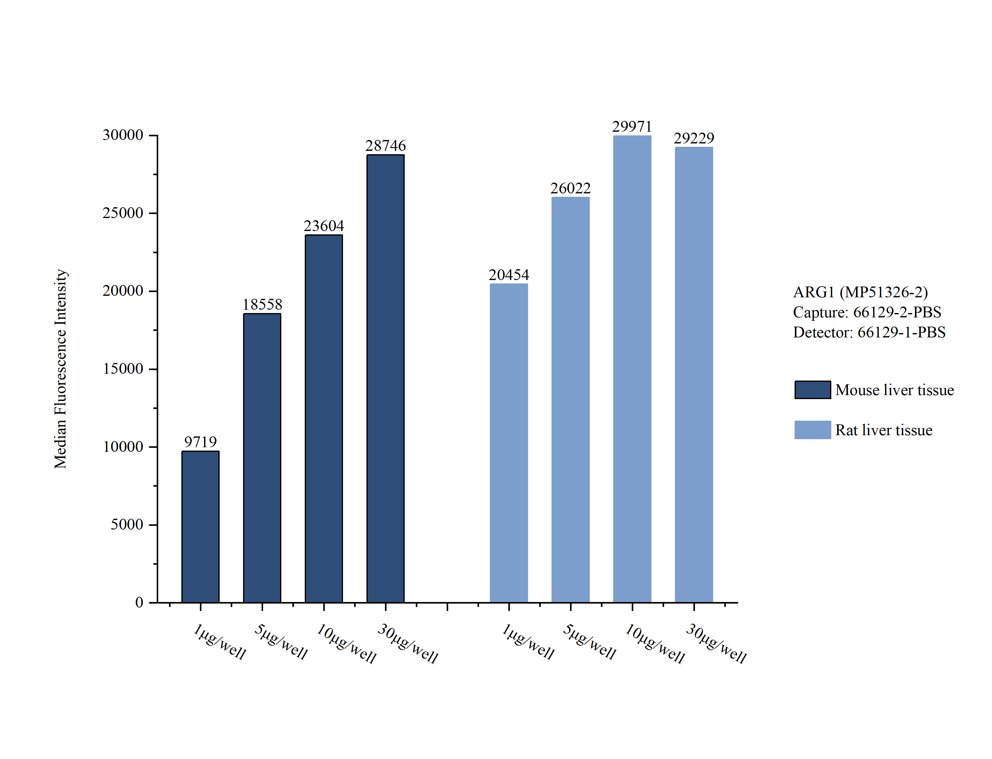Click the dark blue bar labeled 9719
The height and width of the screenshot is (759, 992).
[200, 526]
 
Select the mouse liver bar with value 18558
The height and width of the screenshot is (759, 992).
[262, 458]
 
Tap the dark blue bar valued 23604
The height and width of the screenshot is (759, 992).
[324, 418]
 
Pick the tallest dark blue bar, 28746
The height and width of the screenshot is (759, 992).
[385, 379]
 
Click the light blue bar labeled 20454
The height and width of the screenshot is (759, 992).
[509, 443]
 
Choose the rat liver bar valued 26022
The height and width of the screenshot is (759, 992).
[570, 399]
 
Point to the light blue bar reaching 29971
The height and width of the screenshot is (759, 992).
[632, 369]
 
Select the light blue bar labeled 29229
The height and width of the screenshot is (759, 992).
[694, 374]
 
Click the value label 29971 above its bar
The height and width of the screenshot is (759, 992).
[632, 126]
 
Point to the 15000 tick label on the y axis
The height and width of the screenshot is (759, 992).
[123, 369]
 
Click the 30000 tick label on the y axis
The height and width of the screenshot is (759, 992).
[123, 135]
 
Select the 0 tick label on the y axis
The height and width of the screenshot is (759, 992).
[139, 602]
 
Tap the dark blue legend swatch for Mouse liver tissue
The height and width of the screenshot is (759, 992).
[812, 390]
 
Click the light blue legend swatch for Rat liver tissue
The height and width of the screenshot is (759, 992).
[812, 430]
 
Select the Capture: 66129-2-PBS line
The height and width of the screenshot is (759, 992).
[867, 312]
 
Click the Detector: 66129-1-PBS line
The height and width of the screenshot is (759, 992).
[869, 332]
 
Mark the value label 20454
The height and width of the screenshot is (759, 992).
[509, 275]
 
